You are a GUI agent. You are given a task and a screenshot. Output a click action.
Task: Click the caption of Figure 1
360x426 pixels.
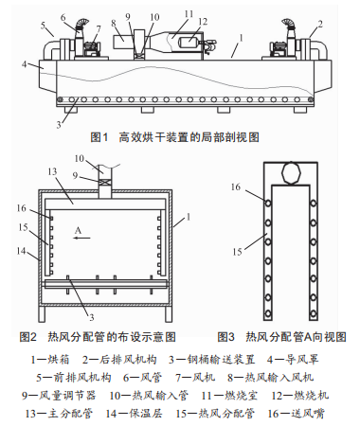(174, 137)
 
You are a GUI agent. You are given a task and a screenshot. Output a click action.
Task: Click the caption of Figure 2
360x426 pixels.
(98, 337)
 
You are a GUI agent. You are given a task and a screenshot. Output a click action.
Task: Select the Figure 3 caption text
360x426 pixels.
(281, 337)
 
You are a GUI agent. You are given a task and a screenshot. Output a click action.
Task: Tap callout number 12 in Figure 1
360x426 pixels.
(203, 22)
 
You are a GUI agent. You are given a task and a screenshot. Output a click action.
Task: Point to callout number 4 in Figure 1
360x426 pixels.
(24, 64)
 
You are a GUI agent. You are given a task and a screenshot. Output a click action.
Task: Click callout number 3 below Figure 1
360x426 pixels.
(59, 125)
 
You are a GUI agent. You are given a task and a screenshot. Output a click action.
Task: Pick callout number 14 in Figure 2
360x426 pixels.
(21, 251)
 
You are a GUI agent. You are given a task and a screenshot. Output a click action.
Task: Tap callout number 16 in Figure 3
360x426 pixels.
(236, 186)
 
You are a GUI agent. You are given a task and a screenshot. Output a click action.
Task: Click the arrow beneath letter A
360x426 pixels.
(82, 238)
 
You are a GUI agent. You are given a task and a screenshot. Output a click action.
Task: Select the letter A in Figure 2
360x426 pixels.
(78, 231)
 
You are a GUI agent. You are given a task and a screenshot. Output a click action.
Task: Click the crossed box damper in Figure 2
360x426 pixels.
(105, 183)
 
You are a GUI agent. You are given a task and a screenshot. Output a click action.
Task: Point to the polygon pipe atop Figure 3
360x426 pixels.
(291, 173)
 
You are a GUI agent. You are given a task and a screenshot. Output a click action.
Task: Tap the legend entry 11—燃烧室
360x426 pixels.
(229, 396)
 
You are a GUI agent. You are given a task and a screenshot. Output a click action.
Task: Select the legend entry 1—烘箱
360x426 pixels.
(50, 360)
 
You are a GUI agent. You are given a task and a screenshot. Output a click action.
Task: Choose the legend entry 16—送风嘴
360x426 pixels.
(296, 414)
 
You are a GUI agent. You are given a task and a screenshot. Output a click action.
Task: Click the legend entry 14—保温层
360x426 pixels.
(135, 414)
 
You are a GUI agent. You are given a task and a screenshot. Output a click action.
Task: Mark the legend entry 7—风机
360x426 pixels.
(195, 378)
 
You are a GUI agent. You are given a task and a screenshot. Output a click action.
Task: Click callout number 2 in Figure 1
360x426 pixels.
(320, 25)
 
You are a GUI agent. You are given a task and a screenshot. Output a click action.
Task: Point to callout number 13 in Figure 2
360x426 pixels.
(52, 171)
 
